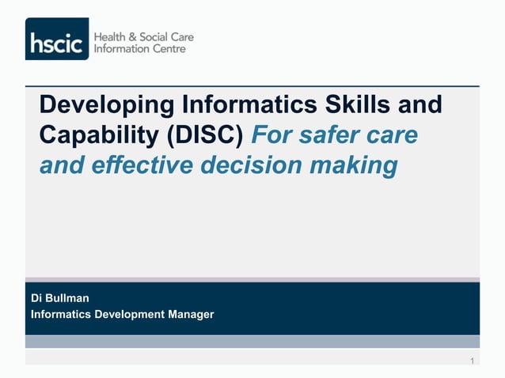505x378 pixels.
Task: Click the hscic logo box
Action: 57,39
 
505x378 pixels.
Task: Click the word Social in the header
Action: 154,37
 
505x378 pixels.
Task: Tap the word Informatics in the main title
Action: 252,105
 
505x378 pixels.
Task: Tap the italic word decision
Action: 257,167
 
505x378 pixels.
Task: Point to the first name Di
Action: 36,298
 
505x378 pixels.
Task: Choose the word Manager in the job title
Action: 191,314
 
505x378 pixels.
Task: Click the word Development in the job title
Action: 130,314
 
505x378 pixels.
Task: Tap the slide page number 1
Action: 472,361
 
